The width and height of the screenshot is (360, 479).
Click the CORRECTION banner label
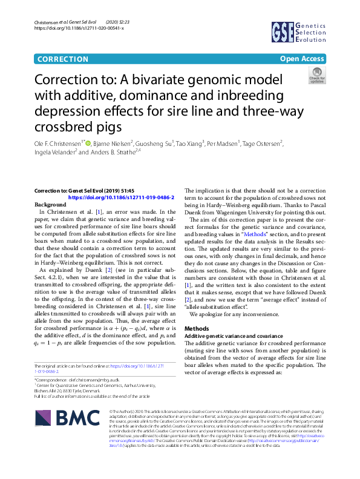pyautogui.click(x=62, y=59)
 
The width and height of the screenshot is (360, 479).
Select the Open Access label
pyautogui.click(x=303, y=59)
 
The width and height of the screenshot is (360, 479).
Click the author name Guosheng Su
pyautogui.click(x=154, y=144)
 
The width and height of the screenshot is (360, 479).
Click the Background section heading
pyautogui.click(x=50, y=205)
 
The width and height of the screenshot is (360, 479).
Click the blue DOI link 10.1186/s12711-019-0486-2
pyautogui.click(x=122, y=197)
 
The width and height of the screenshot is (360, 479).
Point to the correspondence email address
pyautogui.click(x=95, y=377)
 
